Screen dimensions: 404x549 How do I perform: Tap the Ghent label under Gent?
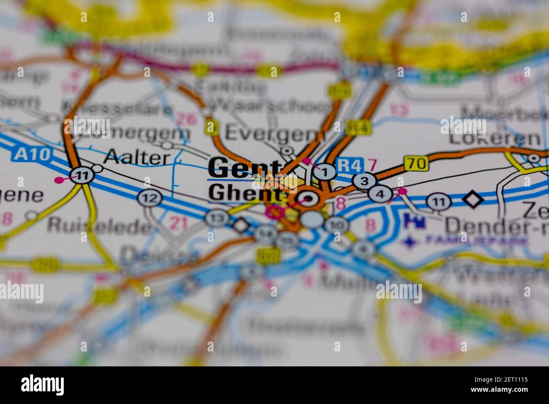245,194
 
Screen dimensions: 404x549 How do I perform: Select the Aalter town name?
136,158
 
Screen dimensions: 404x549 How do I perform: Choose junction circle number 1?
325,172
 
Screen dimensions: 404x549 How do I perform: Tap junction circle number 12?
149,197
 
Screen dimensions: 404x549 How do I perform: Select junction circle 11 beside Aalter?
80,175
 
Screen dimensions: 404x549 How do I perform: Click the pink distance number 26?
187,120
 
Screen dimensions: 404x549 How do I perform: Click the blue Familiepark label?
476,241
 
